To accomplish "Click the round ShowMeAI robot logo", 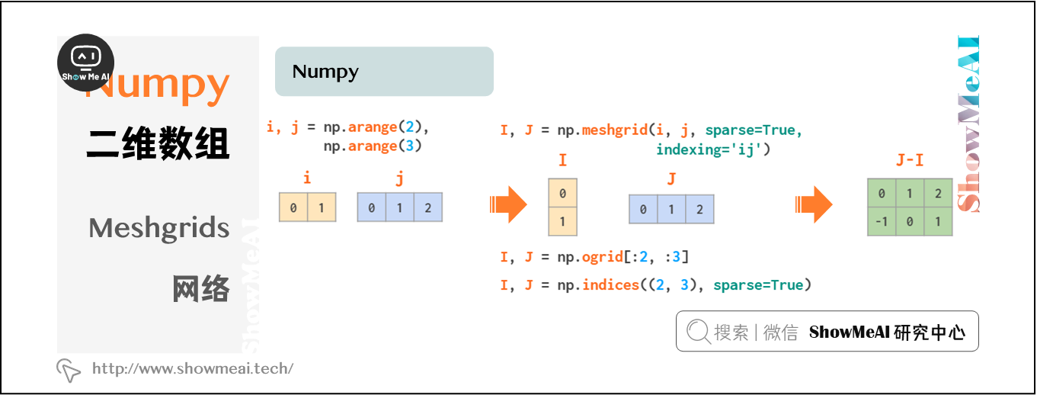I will [x=86, y=63].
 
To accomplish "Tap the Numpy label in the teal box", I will [x=325, y=72].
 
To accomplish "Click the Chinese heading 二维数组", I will [x=158, y=143].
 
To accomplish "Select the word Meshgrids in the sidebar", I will [x=159, y=227].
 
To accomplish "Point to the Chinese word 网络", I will [x=201, y=289].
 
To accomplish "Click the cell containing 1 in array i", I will [x=322, y=207].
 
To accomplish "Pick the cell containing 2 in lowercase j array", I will [x=428, y=207].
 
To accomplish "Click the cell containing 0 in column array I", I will [x=563, y=193].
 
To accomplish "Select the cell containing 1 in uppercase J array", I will [x=671, y=209].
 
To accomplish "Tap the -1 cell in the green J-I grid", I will [x=882, y=222].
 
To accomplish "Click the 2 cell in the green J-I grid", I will [x=938, y=194].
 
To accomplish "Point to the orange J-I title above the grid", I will [x=910, y=162].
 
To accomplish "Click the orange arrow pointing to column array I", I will [x=508, y=204].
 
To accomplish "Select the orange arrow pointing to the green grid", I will [x=813, y=204].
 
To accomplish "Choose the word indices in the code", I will [x=610, y=285].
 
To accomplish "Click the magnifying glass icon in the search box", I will [x=698, y=332].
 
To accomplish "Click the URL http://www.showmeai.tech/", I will [x=193, y=369].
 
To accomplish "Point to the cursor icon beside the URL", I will [x=69, y=370].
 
